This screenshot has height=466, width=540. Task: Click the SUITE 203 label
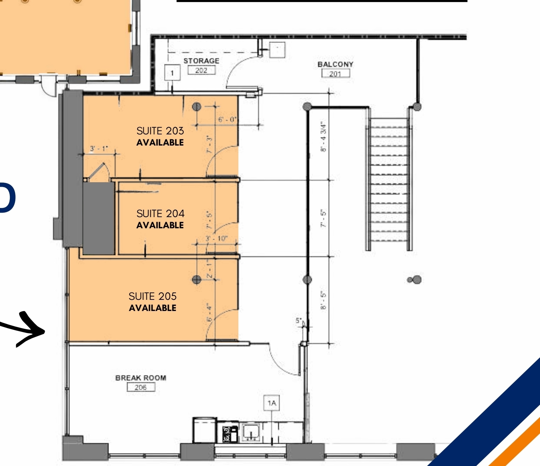(160, 131)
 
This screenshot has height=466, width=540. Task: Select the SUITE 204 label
(160, 214)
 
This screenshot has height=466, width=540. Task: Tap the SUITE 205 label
(152, 296)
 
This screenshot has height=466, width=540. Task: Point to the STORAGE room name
(201, 61)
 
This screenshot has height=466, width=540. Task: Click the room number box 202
(201, 71)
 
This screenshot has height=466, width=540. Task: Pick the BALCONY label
(335, 64)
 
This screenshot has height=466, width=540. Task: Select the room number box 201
(335, 74)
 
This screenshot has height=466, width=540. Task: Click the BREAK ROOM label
(141, 378)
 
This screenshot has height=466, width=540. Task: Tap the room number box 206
(141, 387)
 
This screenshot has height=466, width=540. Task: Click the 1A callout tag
(272, 403)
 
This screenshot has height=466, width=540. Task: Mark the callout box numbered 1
(172, 73)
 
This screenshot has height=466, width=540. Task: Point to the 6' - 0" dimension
(228, 120)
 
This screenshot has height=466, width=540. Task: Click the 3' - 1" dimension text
(99, 149)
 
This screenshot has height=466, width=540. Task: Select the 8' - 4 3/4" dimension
(324, 136)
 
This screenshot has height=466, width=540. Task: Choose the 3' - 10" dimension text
(216, 239)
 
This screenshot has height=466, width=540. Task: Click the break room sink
(250, 432)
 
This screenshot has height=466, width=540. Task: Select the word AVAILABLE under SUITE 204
(160, 225)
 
